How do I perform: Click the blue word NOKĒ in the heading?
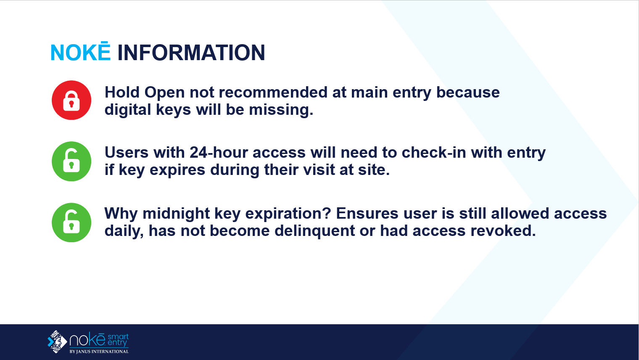point(80,53)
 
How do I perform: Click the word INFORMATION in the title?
point(191,53)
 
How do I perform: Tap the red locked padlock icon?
point(71,100)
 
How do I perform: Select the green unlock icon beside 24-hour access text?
point(71,161)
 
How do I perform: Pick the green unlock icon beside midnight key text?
point(71,222)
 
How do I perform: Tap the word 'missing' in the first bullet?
point(280,110)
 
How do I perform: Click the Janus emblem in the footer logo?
point(57,341)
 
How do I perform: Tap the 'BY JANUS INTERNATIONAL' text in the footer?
point(99,352)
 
